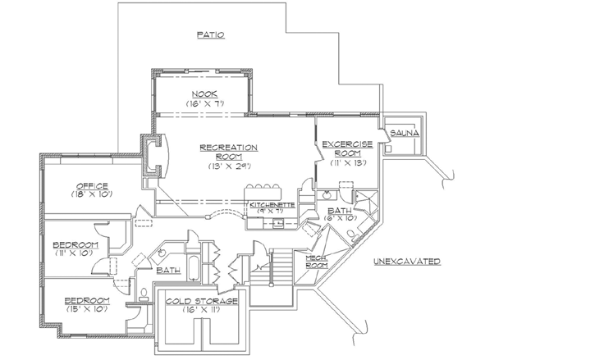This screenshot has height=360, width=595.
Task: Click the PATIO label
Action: pos(211,34)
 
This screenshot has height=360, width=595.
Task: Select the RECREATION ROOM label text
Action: pos(229,152)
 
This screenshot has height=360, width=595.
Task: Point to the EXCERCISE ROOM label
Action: pos(347,149)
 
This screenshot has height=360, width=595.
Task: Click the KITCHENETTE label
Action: pos(272,203)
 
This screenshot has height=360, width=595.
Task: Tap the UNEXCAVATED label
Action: pos(407,262)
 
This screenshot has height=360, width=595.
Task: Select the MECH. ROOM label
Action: pos(317,262)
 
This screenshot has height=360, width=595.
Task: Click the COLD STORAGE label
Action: pos(201,301)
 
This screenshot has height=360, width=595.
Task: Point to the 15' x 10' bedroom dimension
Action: pos(87,311)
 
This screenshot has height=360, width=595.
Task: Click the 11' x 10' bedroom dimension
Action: pos(76,255)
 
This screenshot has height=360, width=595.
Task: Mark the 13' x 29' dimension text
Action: pos(230,166)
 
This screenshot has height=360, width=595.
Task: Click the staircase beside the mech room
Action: pos(281,268)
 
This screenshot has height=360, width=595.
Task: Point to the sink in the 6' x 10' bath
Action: pos(327,196)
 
